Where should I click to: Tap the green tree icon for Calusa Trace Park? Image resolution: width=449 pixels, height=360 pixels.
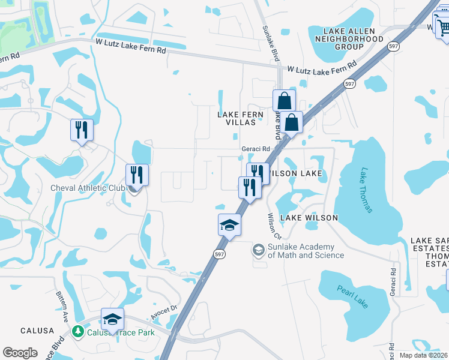(77, 331)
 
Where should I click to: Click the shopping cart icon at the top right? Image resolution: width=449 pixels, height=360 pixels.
(442, 27)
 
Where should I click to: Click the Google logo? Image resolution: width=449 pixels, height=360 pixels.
(20, 353)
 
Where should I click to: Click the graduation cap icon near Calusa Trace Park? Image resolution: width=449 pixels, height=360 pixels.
(112, 320)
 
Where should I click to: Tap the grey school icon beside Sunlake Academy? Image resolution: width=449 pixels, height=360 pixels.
(259, 249)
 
